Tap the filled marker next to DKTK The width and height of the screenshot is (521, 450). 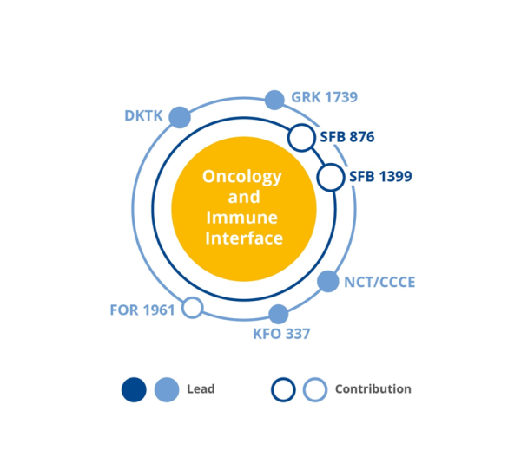coord(180,117)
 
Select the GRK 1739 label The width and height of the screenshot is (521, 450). coord(325,97)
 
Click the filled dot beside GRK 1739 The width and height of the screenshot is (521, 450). coord(274,100)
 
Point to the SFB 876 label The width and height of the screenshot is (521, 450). coord(347,137)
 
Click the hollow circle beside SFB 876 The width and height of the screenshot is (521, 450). coord(300,137)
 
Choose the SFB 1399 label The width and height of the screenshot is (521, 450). coord(380,177)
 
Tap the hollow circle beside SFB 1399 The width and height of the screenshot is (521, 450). coord(331,177)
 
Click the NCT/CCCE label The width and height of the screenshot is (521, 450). coord(379,282)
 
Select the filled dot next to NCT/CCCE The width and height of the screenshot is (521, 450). coord(327,281)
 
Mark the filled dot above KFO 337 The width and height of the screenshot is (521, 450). coord(278,315)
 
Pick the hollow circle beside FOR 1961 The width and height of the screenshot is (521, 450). coord(193,308)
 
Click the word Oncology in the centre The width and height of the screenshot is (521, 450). coord(242,177)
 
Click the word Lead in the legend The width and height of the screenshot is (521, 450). coord(201,389)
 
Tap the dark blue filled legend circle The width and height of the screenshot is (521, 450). coord(134,390)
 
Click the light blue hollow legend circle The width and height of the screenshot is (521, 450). coord(315,390)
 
